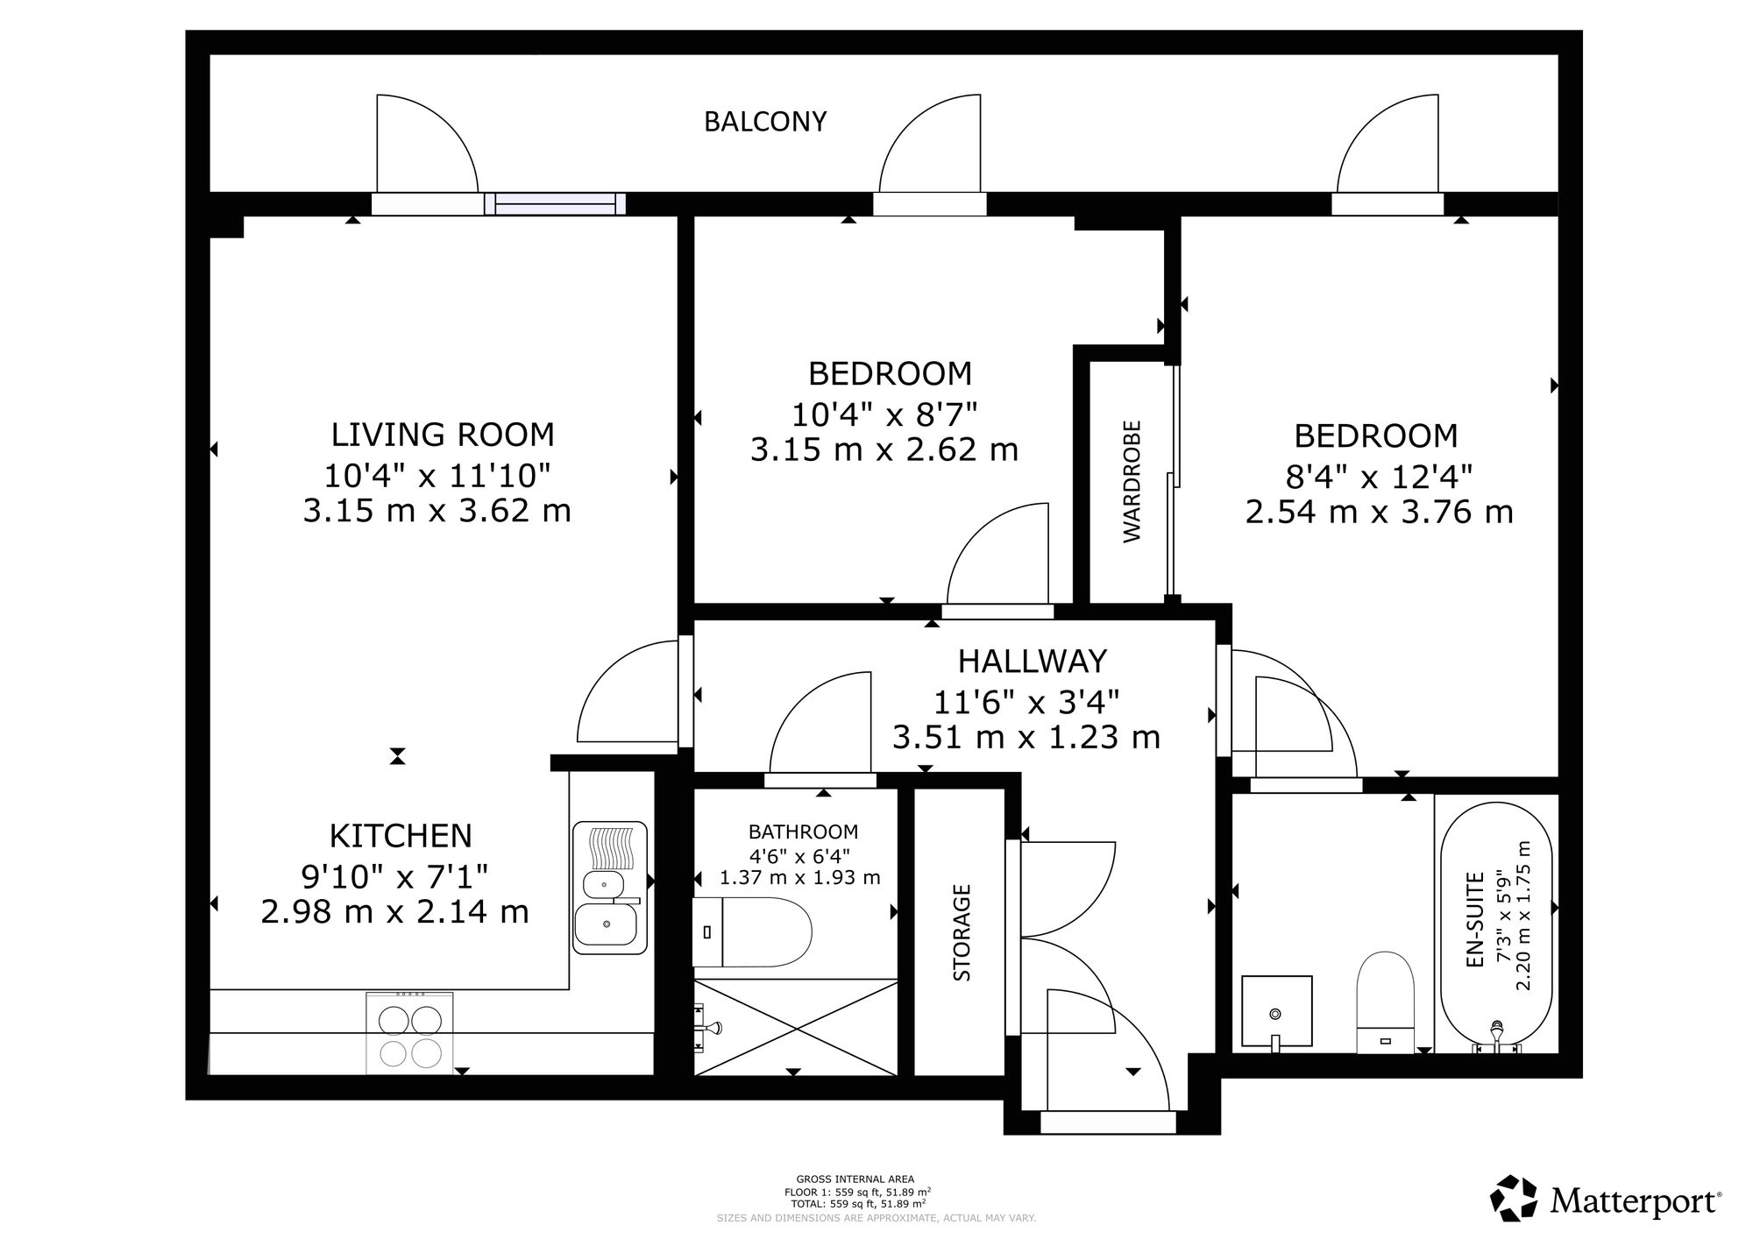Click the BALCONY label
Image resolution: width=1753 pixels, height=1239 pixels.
click(765, 122)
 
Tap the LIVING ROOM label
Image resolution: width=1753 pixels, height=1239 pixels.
click(443, 435)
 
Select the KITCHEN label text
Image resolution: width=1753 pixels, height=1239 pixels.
click(401, 836)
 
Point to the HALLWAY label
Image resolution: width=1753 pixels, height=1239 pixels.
click(1033, 661)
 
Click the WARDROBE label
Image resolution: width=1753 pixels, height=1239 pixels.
click(1132, 481)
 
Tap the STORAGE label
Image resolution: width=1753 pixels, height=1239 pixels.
click(962, 932)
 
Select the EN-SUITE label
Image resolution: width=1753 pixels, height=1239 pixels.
click(1474, 919)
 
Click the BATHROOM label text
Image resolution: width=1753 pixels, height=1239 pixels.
click(803, 832)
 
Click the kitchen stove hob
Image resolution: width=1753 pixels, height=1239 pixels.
click(409, 1033)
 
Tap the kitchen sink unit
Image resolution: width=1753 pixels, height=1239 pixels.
click(610, 888)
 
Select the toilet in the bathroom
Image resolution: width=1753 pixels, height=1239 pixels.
click(752, 931)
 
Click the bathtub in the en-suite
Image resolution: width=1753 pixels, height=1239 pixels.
click(1496, 928)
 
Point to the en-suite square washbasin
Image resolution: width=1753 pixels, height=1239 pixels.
click(1277, 1011)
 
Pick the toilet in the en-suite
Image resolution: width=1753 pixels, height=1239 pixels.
click(1385, 1002)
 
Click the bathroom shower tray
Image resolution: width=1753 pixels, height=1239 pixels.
click(796, 1027)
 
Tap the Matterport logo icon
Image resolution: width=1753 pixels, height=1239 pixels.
click(1515, 1198)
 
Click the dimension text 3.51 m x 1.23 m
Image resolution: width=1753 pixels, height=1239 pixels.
click(1026, 737)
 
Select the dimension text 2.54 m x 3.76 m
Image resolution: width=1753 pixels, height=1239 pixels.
click(1379, 512)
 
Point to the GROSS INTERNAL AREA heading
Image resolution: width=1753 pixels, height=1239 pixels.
click(855, 1179)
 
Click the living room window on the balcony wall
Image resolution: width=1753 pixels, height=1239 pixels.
click(555, 204)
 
